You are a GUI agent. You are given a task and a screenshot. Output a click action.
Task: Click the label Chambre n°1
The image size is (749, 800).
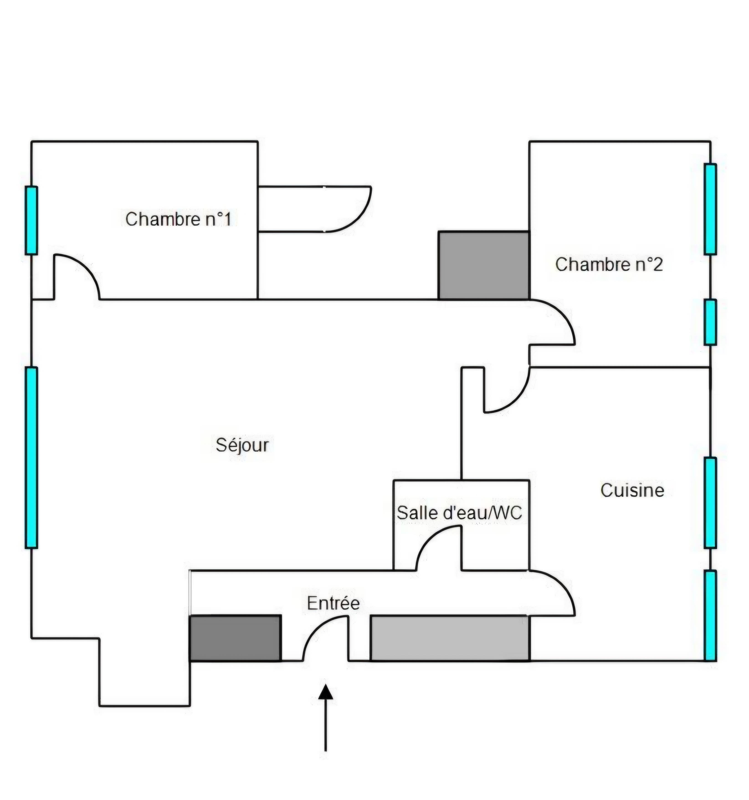178,219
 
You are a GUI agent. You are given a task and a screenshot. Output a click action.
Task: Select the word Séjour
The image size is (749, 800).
242,445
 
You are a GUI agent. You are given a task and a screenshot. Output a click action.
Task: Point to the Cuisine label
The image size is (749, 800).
632,490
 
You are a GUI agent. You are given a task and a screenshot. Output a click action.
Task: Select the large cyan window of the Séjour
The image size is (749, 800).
31,458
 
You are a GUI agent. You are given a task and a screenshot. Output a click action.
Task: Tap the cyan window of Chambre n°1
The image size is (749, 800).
31,221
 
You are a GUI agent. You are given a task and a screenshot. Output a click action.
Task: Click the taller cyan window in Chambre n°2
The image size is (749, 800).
710,209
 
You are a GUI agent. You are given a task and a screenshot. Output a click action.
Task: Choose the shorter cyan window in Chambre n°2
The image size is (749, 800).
710,322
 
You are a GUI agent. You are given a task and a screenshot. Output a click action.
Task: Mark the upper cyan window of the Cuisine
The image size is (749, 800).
710,503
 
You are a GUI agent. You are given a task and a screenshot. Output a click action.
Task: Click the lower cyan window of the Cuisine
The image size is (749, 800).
710,615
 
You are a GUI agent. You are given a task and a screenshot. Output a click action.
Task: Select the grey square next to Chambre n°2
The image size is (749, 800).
483,266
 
